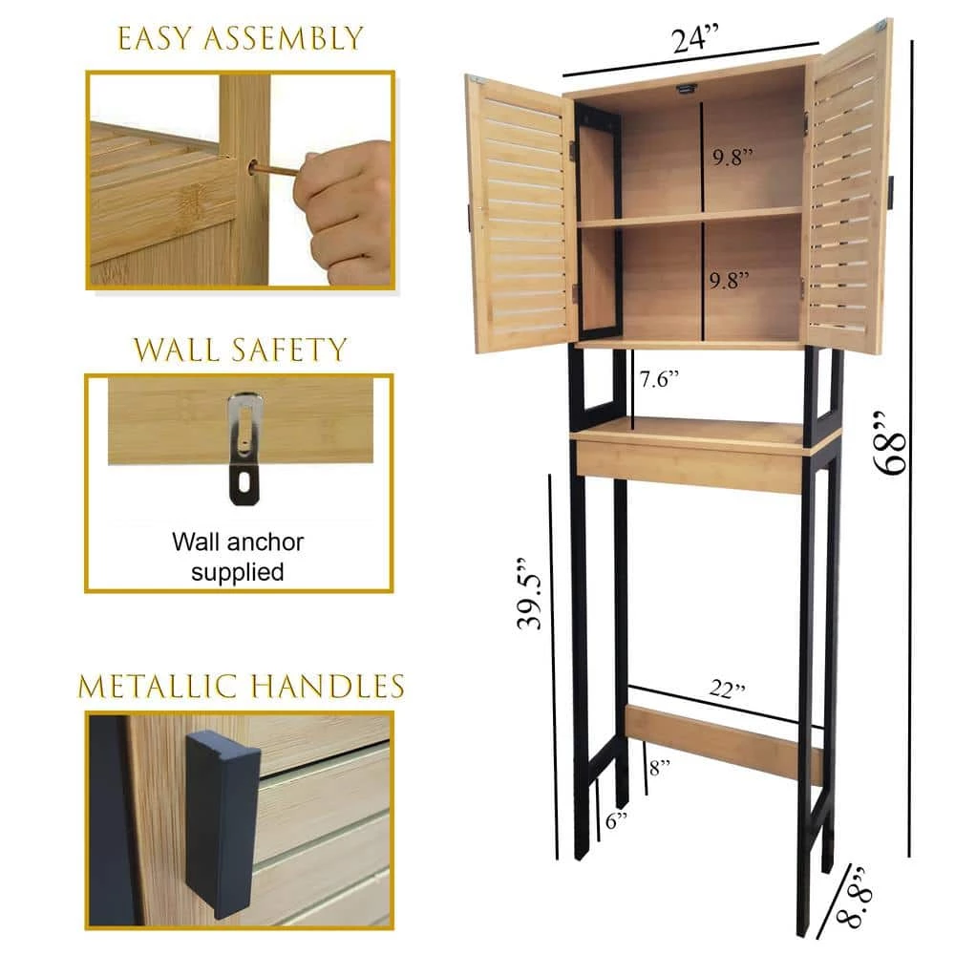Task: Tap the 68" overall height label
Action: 889,443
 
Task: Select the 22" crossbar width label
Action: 727,689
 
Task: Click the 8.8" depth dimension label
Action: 854,897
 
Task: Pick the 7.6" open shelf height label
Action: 659,379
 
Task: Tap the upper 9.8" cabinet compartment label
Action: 732,158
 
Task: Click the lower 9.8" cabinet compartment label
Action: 729,280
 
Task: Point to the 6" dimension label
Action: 616,820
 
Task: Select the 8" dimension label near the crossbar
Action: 660,768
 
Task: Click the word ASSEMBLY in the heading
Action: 284,38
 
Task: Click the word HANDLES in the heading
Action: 329,687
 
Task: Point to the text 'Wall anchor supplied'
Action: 238,557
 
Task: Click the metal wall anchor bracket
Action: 244,448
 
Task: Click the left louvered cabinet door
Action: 520,214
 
